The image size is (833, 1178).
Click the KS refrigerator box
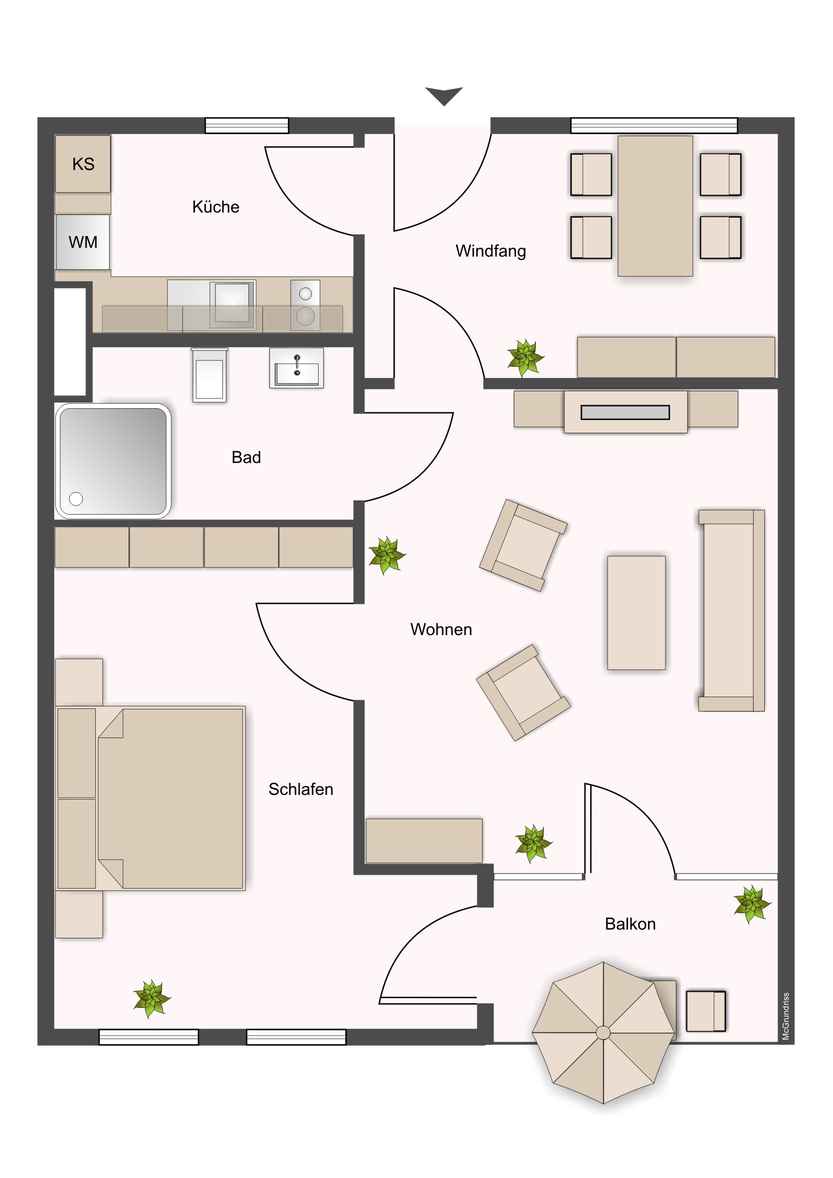tap(82, 164)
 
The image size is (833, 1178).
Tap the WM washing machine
tap(82, 242)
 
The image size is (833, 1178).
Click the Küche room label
tap(216, 207)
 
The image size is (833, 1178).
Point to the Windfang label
tap(491, 251)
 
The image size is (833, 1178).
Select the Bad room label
tap(246, 457)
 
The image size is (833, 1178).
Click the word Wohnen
tap(441, 629)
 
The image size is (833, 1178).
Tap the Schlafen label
tap(301, 789)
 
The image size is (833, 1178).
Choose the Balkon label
tap(630, 924)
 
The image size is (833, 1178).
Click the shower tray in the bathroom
tap(113, 461)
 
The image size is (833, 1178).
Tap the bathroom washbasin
tap(297, 368)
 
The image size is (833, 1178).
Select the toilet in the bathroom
tap(210, 375)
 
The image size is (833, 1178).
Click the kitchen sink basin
tap(233, 304)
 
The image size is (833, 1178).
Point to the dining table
tap(655, 206)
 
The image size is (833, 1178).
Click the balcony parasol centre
tap(603, 1033)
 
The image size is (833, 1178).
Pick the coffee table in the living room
tap(636, 613)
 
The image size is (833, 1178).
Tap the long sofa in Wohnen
tap(732, 611)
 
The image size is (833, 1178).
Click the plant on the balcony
tap(752, 904)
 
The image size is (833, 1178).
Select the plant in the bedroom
tap(152, 999)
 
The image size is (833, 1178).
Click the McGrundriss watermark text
tap(786, 1016)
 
